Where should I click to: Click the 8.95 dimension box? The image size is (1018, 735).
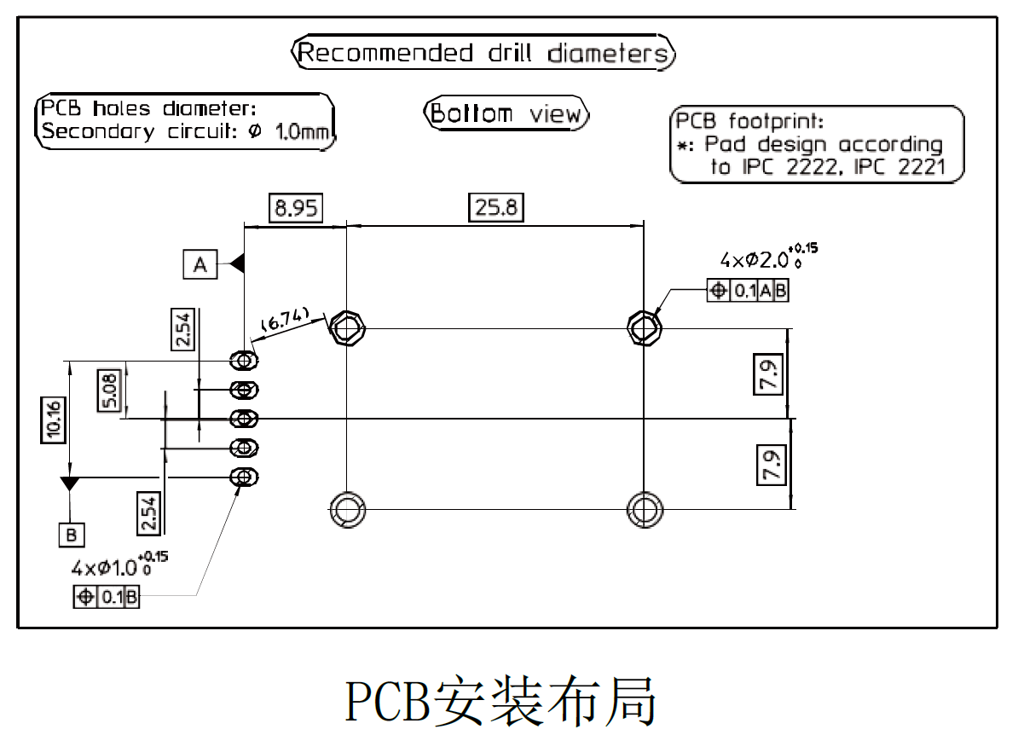[x=296, y=208]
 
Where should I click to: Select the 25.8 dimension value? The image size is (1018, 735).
[x=496, y=207]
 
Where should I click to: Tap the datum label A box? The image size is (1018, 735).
[x=200, y=265]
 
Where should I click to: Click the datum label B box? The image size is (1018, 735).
[x=72, y=535]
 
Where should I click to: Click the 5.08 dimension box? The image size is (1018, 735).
[x=110, y=390]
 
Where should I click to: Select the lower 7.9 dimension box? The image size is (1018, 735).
[x=770, y=465]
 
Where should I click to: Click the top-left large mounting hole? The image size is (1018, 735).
[x=347, y=327]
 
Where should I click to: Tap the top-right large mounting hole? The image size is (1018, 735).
[x=645, y=327]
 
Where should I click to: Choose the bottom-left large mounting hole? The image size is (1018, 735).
[x=347, y=509]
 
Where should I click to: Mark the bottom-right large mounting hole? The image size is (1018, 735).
[x=645, y=509]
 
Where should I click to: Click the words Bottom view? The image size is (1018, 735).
[x=506, y=114]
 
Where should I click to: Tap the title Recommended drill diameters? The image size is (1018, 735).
[x=483, y=54]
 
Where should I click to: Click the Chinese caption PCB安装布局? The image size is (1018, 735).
[x=501, y=701]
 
